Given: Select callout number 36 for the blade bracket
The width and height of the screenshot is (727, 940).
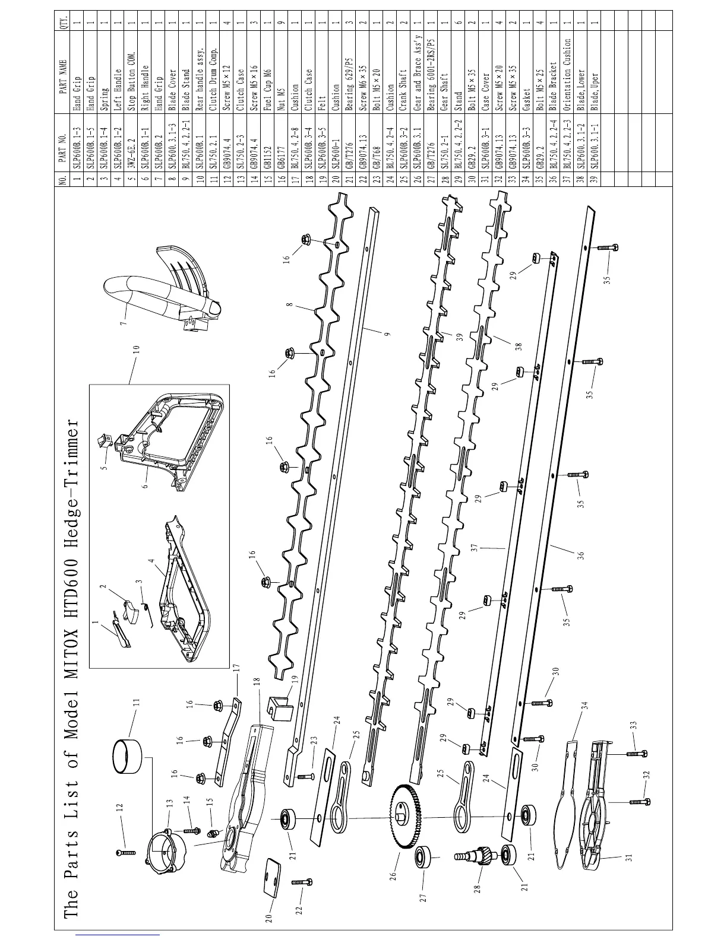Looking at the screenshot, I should pos(581,554).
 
